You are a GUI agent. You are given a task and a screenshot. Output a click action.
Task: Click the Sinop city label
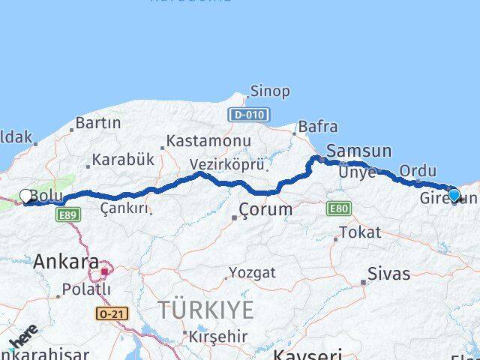[270, 91]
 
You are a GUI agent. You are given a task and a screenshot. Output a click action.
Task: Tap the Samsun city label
[359, 151]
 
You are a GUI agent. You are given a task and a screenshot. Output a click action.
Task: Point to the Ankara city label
[66, 262]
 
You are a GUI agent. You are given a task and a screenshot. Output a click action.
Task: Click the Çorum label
[265, 209]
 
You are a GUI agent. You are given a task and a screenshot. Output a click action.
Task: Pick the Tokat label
[360, 232]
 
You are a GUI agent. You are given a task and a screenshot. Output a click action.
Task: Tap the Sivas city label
[389, 274]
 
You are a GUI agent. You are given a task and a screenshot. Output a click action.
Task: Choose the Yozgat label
[247, 271]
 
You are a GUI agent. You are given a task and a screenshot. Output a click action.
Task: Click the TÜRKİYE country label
[205, 309]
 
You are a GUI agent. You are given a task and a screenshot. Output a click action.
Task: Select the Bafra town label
[318, 127]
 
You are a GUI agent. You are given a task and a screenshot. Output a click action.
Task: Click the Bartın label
[98, 123]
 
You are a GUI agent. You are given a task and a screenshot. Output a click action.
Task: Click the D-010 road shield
[247, 115]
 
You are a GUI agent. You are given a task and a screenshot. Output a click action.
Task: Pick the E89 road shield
[64, 214]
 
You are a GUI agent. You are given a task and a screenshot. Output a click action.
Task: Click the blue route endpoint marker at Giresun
[453, 195]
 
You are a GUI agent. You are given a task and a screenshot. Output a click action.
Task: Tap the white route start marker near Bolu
[25, 196]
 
